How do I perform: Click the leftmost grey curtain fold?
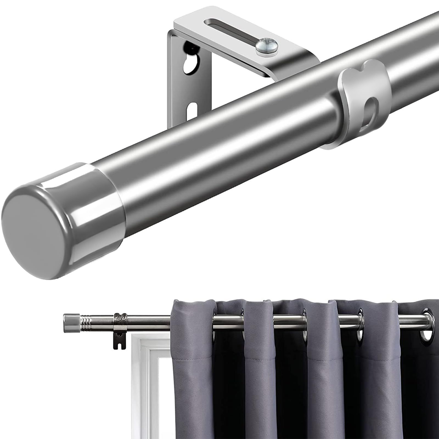click(x=192, y=370)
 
